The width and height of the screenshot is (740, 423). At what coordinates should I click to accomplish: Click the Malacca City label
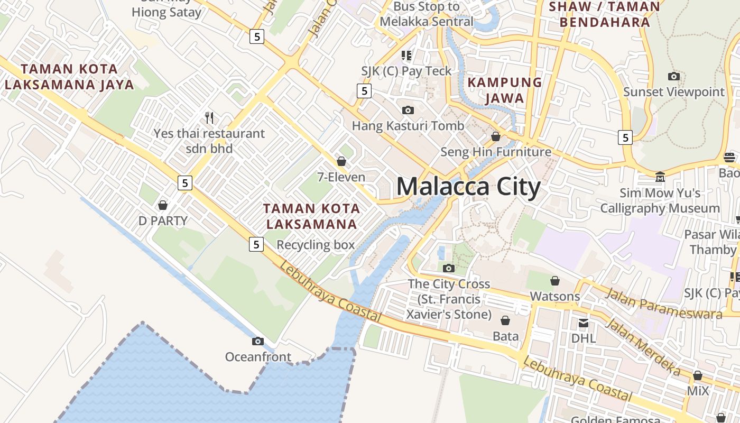[468, 187]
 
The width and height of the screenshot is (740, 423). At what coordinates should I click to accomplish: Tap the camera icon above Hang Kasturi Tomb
[408, 110]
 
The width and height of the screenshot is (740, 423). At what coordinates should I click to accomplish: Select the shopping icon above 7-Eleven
[341, 161]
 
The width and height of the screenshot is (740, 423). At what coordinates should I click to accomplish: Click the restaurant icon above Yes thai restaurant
[209, 117]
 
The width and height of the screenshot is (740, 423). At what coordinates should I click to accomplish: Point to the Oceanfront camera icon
[258, 342]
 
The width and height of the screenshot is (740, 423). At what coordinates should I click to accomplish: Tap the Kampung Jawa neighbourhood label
[505, 90]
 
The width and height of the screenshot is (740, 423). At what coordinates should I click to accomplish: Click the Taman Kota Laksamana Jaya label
[69, 77]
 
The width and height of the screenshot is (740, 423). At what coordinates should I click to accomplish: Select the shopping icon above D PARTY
[163, 205]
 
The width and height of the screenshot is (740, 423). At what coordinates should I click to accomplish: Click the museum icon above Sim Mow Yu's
[660, 177]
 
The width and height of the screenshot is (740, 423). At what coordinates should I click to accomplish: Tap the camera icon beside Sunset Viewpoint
[673, 76]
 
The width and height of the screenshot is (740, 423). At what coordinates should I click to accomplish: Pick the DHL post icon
[584, 323]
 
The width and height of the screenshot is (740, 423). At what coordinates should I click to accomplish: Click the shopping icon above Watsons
[555, 281]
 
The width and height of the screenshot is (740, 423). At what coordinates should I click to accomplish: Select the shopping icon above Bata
[505, 320]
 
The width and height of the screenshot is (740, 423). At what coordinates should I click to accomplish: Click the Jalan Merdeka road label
[642, 346]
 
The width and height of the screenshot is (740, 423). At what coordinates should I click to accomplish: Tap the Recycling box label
[316, 245]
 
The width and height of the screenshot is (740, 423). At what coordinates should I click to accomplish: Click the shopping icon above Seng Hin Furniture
[496, 136]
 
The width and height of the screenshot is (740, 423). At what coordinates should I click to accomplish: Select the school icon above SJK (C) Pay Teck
[406, 55]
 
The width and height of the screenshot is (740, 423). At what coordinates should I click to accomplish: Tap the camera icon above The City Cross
[449, 268]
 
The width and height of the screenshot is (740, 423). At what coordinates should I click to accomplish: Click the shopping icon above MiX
[698, 375]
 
